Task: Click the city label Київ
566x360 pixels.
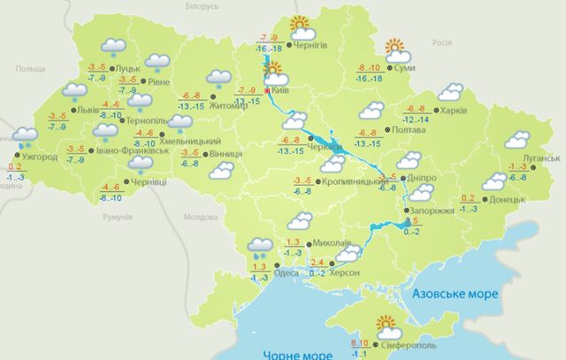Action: (x=282, y=90)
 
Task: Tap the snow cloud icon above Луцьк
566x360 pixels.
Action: (x=112, y=46)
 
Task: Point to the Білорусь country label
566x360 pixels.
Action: (x=196, y=6)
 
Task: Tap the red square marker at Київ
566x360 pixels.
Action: (x=267, y=90)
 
